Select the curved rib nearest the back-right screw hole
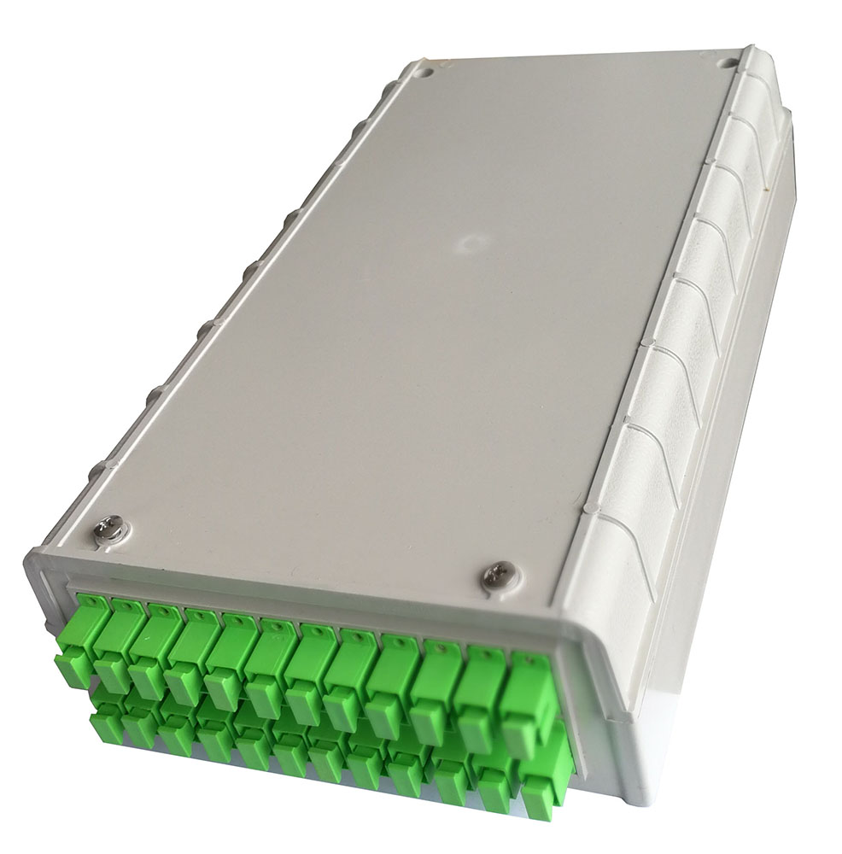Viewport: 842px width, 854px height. point(751,85)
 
